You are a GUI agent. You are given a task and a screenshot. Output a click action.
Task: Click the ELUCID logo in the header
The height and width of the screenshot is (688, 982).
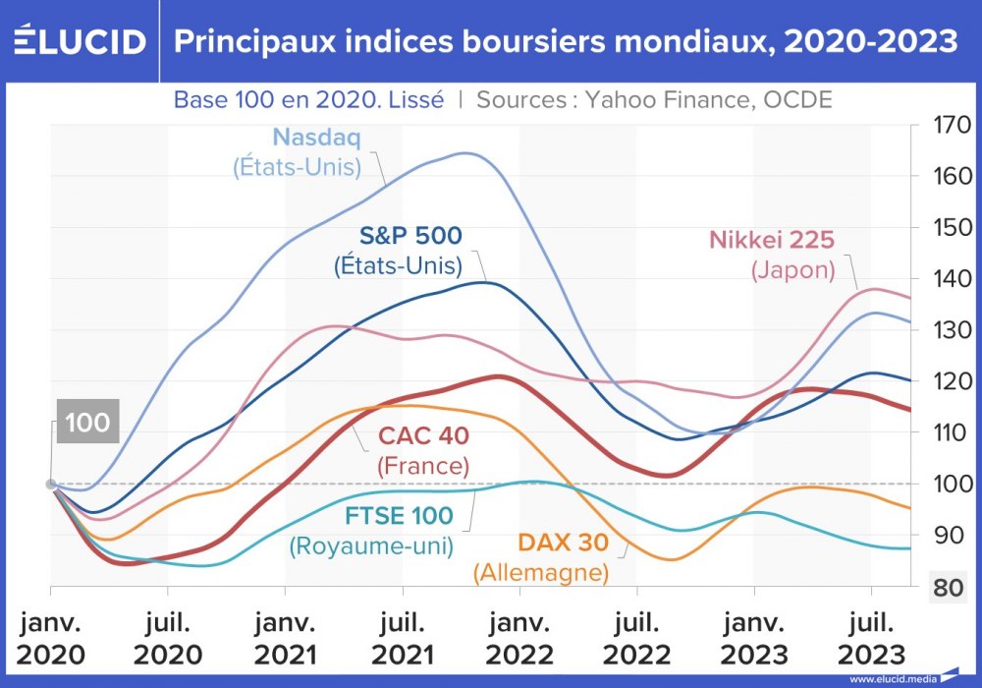click(80, 41)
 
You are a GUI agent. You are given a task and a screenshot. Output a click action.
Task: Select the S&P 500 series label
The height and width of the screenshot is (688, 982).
click(410, 235)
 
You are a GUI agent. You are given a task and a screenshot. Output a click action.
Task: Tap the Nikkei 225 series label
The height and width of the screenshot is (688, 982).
click(771, 241)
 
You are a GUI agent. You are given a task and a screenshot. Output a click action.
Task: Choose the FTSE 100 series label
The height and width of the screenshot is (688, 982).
click(399, 516)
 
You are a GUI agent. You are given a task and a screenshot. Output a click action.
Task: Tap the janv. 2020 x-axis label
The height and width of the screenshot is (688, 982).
click(51, 639)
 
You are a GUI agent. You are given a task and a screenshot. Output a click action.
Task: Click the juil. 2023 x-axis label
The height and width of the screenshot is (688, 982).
click(871, 639)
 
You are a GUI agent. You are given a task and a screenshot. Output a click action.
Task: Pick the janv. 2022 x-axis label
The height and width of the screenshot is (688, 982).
click(519, 639)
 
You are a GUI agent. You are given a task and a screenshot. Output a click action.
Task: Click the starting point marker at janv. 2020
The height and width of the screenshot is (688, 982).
click(51, 484)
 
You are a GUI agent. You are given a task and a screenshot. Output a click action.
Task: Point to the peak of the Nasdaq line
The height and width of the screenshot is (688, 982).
click(465, 153)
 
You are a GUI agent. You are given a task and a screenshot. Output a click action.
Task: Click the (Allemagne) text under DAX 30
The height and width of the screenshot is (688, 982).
click(540, 572)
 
